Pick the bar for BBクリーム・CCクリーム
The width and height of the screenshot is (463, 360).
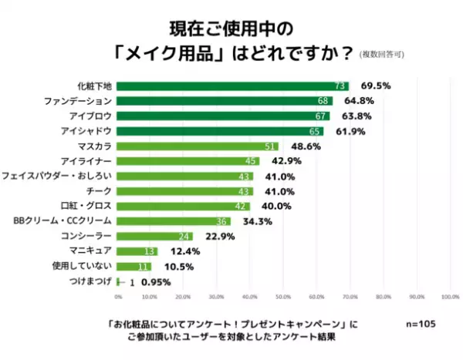(174, 221)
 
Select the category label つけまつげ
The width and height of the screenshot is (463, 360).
(90, 281)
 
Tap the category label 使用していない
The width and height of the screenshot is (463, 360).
(87, 266)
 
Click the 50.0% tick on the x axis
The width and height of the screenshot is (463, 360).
(283, 296)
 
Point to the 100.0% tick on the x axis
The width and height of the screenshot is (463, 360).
(449, 296)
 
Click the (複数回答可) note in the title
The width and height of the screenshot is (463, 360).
(381, 55)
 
